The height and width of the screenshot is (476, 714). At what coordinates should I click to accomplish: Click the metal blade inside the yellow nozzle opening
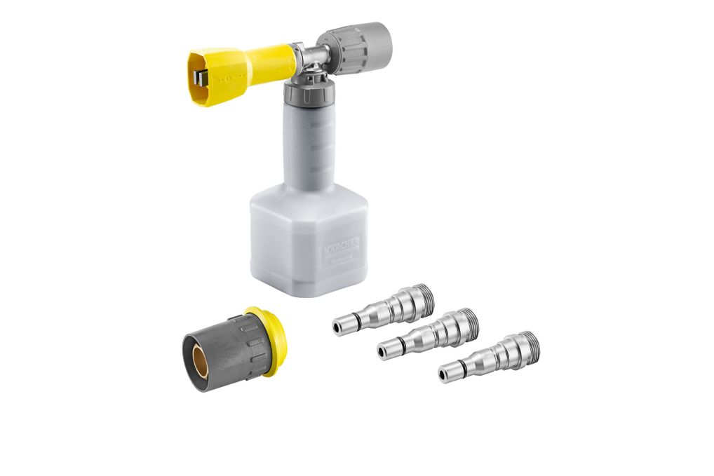click(201, 76)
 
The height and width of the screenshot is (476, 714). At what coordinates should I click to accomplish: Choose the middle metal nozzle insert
click(429, 332)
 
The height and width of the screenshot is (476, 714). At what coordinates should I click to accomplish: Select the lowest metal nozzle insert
click(490, 355)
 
